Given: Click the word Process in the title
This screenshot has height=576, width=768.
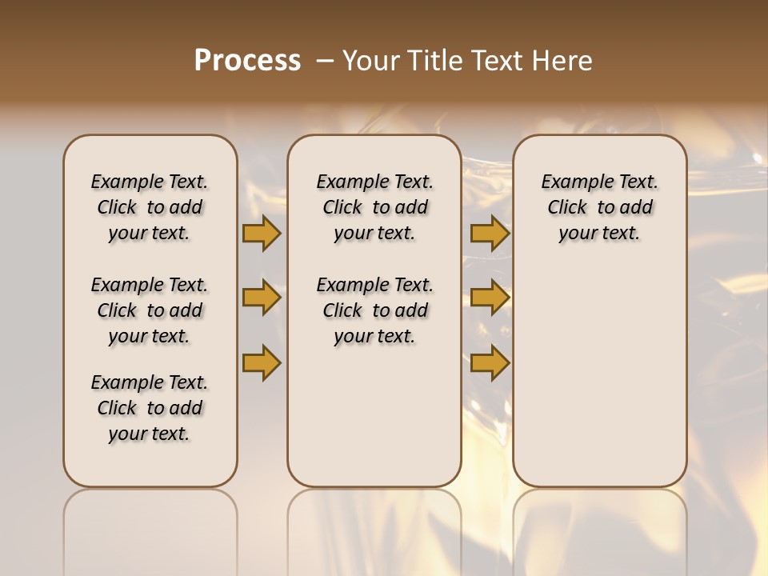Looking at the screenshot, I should coord(247,61).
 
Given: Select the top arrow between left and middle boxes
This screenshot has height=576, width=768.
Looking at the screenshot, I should coord(262,233).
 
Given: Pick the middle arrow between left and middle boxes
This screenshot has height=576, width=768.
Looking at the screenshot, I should coord(262,298).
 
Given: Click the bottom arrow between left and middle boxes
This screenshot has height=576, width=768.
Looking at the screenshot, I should coord(262,362).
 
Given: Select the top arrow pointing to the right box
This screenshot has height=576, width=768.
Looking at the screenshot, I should coord(490,233).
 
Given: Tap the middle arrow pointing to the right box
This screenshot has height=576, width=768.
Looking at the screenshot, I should coord(490,298).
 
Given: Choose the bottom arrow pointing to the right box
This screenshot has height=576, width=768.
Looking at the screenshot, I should coord(490,362).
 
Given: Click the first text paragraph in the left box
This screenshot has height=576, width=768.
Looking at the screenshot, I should coord(150,207).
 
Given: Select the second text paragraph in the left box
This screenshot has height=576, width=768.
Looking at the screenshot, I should coord(150,310).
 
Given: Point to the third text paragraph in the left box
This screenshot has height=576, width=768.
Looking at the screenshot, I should coord(150,408).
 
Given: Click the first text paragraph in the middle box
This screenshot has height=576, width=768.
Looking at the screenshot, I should coord(374,207).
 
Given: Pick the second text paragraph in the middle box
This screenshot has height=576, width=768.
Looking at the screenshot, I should coord(374,310).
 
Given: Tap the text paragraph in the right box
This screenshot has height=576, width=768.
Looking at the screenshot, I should coord(599,207).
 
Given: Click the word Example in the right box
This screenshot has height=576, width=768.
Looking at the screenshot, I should coord(570,182).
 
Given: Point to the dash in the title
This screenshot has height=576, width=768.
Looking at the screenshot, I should coord(325,61).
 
